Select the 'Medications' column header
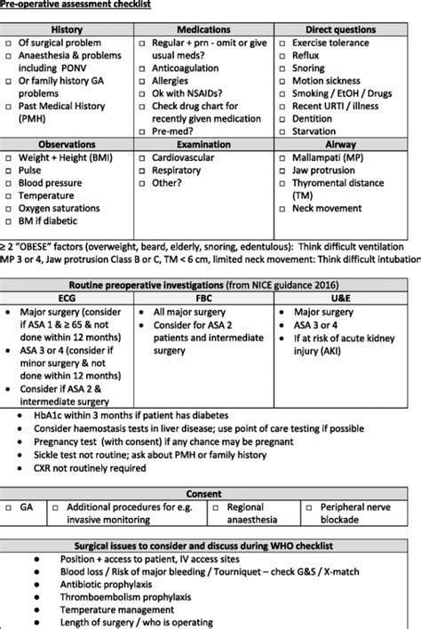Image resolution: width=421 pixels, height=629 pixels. click(204, 29)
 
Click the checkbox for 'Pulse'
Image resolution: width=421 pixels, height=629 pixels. click(8, 171)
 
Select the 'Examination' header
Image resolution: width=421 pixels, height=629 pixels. click(204, 142)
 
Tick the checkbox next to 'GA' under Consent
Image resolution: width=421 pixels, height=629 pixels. click(9, 507)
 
